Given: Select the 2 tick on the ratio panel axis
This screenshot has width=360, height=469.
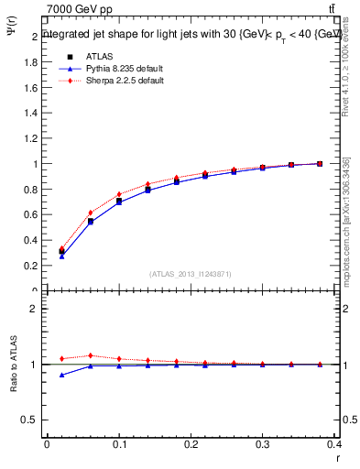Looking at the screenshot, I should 34,309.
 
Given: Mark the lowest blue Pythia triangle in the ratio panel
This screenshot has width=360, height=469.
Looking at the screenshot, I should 62,375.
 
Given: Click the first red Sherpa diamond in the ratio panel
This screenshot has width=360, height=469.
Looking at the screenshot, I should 62,358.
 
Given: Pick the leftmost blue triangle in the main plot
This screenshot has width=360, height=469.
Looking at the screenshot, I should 62,256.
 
